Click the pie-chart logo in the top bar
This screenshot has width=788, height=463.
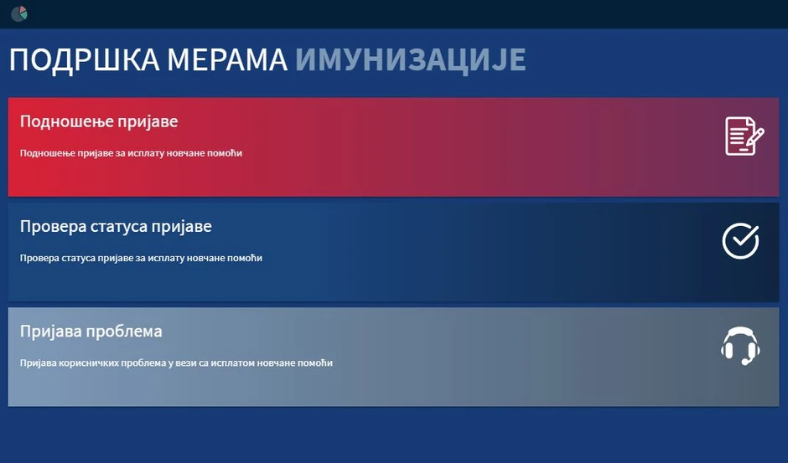(x=19, y=13)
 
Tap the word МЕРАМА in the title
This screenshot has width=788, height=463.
(x=227, y=60)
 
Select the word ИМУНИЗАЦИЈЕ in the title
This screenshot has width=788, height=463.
(x=411, y=60)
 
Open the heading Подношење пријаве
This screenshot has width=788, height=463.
(x=99, y=122)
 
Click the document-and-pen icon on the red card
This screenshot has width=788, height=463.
(x=744, y=136)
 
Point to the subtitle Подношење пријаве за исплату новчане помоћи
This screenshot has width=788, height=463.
(x=131, y=153)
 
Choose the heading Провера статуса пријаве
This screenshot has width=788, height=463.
(x=116, y=227)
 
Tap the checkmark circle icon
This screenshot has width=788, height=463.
(x=740, y=241)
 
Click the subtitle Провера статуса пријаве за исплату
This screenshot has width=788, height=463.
(x=141, y=258)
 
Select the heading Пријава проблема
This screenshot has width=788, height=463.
(x=91, y=332)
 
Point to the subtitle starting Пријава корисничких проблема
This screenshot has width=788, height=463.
(x=176, y=363)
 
